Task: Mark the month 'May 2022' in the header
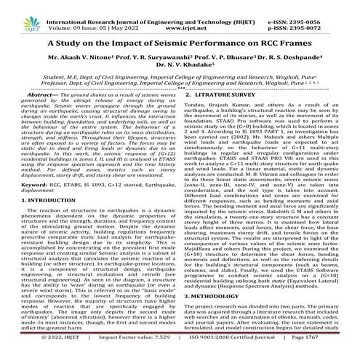[x=128, y=12]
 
